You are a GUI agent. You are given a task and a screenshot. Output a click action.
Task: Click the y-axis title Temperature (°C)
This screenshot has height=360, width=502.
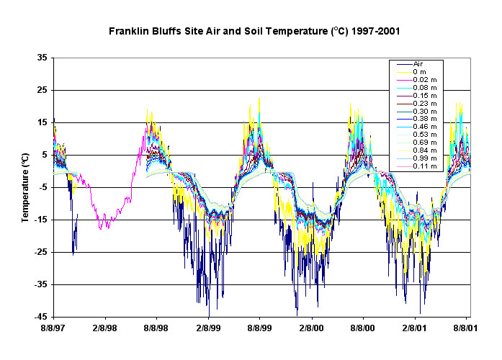point(26,186)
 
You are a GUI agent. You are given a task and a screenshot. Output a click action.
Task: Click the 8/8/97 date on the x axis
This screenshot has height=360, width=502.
point(54,328)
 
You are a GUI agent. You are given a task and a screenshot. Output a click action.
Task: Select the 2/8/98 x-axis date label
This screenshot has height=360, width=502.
point(105,328)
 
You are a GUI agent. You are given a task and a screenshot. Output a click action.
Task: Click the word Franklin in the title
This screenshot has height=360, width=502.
point(128,32)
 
